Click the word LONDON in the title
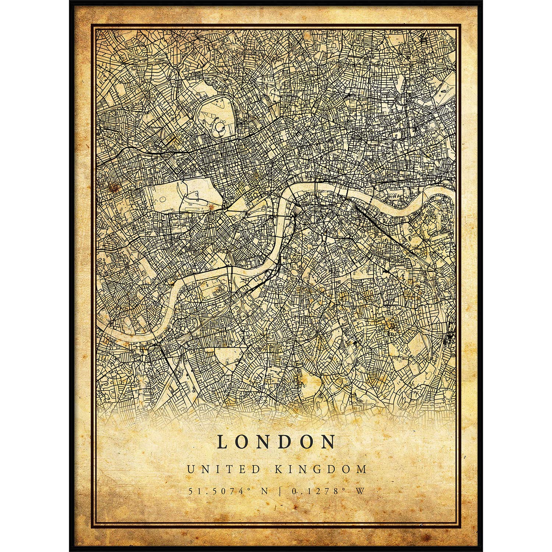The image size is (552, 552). [276, 442]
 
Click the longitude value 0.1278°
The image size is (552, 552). [317, 491]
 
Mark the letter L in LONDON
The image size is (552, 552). [222, 442]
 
